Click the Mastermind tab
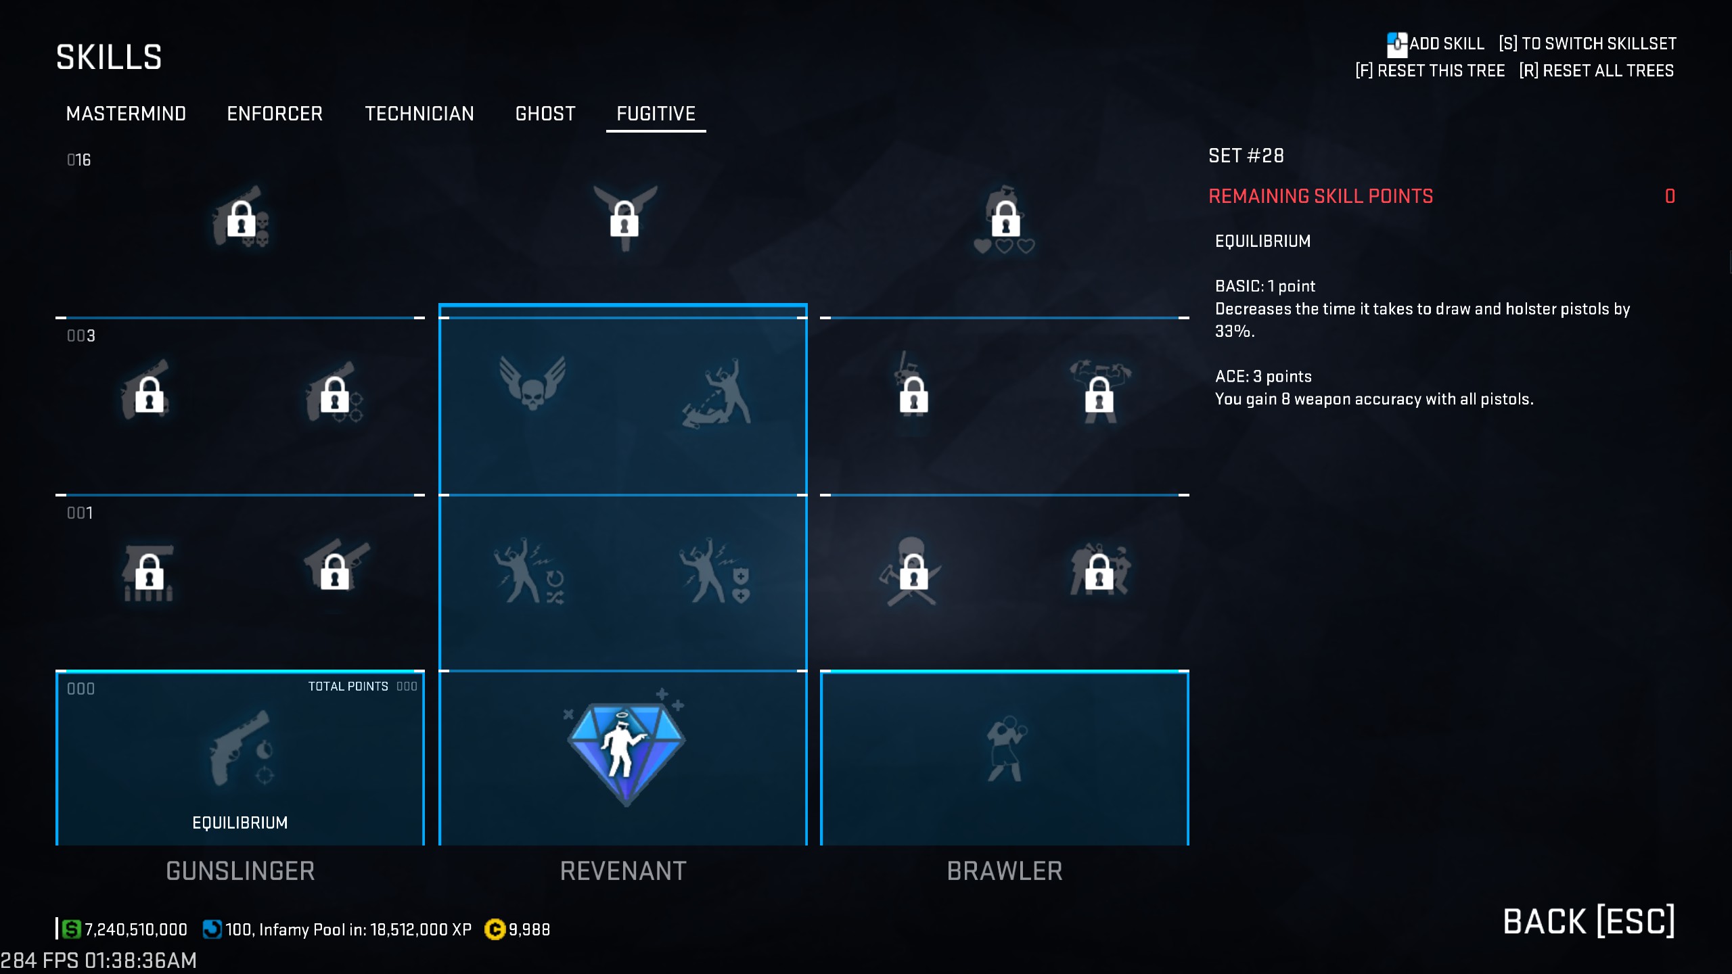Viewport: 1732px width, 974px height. click(x=126, y=114)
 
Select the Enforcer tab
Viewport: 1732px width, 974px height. click(x=275, y=114)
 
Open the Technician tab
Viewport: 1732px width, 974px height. click(x=419, y=114)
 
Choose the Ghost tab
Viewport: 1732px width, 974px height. click(x=545, y=114)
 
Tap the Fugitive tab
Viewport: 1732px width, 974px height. click(x=656, y=114)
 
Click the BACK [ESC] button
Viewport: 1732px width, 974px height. click(x=1589, y=921)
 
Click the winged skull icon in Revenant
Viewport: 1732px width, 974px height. click(x=532, y=383)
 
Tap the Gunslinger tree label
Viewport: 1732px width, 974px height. click(x=240, y=871)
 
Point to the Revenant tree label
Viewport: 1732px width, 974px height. click(x=623, y=871)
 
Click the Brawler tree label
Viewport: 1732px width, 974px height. click(x=1005, y=871)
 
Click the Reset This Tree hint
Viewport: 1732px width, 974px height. click(x=1430, y=71)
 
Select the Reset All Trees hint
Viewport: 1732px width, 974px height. click(x=1596, y=71)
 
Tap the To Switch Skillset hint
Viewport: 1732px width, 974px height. click(x=1587, y=44)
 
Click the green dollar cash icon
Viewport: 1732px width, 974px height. click(x=71, y=929)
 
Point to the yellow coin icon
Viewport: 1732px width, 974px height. click(x=495, y=930)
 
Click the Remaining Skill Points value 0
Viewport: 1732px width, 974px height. click(x=1670, y=196)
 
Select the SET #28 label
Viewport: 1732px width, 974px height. click(x=1246, y=156)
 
